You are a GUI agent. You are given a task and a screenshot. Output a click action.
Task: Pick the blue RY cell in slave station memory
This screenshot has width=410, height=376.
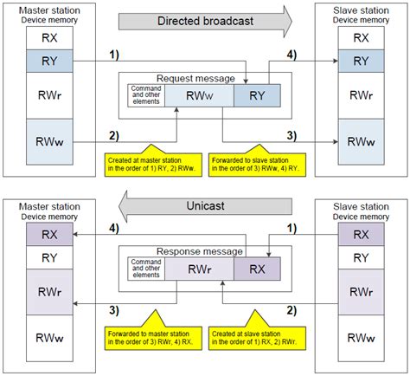pos(362,60)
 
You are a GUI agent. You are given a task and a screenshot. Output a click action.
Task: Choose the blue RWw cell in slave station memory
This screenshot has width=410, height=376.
pos(362,139)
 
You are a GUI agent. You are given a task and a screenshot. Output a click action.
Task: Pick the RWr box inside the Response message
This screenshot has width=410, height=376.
pos(196,269)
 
